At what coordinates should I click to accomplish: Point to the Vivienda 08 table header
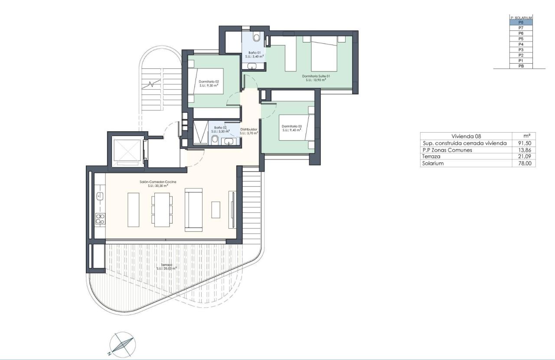click(466, 136)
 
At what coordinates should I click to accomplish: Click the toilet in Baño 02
click(215, 139)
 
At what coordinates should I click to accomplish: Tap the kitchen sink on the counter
click(100, 196)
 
